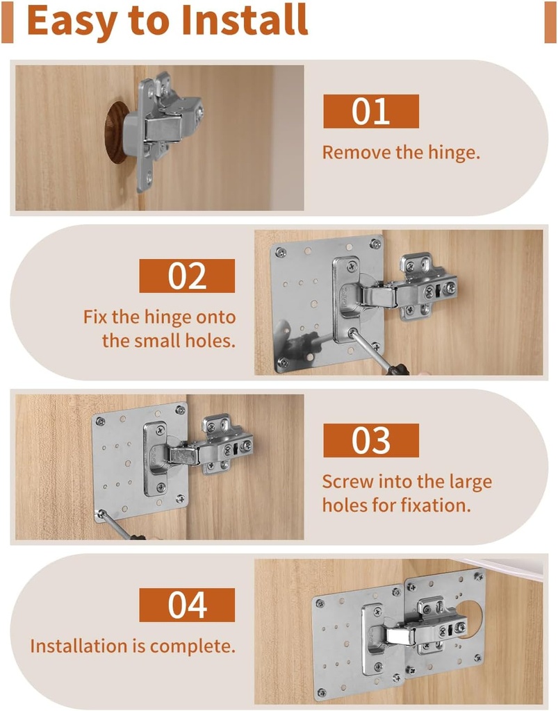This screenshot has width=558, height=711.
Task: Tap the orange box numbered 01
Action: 371,112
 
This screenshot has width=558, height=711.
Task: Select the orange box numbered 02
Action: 187,276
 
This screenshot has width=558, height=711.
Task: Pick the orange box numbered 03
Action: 371,441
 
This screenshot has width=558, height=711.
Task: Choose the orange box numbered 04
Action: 187,605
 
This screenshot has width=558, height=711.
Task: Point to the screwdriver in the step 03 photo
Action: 115,524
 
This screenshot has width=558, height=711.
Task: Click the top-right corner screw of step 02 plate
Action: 375,244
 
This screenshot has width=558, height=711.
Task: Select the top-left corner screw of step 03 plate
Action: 101,421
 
